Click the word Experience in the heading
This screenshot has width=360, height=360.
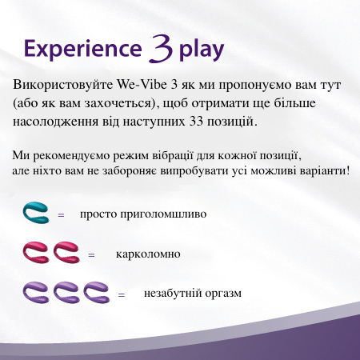pyautogui.click(x=83, y=49)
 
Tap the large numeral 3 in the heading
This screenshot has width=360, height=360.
pyautogui.click(x=161, y=48)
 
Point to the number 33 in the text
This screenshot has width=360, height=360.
pyautogui.click(x=196, y=122)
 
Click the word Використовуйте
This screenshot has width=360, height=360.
pyautogui.click(x=63, y=85)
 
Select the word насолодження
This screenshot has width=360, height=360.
pyautogui.click(x=55, y=122)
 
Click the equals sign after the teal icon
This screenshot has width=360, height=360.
pyautogui.click(x=61, y=215)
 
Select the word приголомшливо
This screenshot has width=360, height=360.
pyautogui.click(x=163, y=214)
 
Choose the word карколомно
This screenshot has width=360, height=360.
pyautogui.click(x=148, y=254)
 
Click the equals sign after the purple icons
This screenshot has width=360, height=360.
pyautogui.click(x=122, y=295)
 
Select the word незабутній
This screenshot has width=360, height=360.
pyautogui.click(x=173, y=294)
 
